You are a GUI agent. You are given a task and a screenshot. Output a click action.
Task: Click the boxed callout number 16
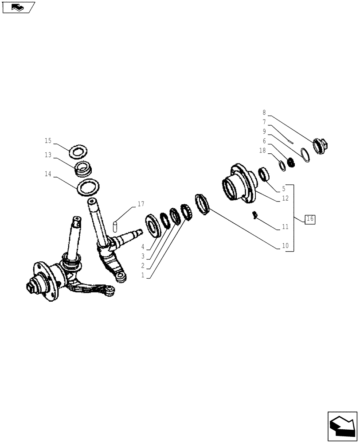tap(309, 218)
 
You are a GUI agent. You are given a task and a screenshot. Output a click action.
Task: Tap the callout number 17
tap(141, 204)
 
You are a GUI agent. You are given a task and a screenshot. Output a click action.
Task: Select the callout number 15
tap(48, 141)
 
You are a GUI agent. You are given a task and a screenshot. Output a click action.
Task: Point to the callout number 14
tap(48, 175)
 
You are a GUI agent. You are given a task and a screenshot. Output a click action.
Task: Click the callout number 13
tap(48, 155)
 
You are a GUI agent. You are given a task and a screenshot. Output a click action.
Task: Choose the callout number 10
tap(285, 245)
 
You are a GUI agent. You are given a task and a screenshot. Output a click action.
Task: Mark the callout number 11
tap(285, 227)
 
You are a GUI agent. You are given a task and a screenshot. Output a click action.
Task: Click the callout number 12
tap(285, 198)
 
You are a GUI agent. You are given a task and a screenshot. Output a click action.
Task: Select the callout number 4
tap(143, 246)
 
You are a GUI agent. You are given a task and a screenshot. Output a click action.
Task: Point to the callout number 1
tap(143, 275)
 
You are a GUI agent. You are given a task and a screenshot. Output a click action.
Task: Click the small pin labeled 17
tap(115, 226)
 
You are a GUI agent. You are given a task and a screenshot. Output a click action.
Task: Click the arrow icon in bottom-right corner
tap(342, 427)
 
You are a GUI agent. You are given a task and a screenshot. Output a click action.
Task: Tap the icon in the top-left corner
tap(18, 7)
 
